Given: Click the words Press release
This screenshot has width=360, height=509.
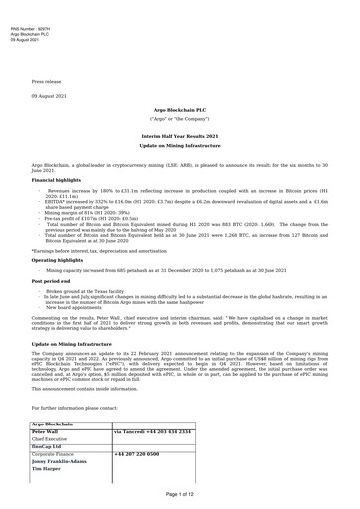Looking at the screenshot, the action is (x=50, y=79).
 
